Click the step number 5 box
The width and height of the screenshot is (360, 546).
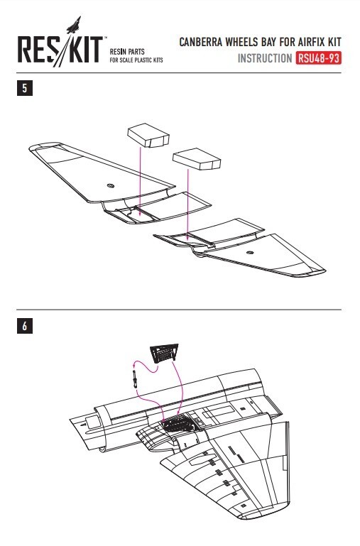(25, 88)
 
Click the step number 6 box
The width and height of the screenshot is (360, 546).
(25, 326)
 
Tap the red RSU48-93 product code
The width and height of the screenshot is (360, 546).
(318, 58)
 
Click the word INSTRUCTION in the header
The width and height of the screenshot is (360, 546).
(265, 58)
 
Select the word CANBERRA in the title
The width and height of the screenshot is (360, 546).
(201, 42)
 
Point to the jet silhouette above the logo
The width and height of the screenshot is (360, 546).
(75, 25)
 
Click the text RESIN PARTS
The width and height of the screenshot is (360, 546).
(127, 52)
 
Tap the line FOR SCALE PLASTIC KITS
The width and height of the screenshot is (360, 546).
(136, 60)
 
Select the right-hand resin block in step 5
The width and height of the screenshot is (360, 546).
(197, 159)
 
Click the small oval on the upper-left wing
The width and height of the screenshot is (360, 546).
(111, 185)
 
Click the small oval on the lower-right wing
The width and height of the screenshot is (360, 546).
(249, 252)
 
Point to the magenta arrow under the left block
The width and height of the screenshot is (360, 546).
(140, 182)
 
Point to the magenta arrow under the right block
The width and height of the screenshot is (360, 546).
(187, 205)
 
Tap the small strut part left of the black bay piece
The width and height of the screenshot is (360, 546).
(135, 379)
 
